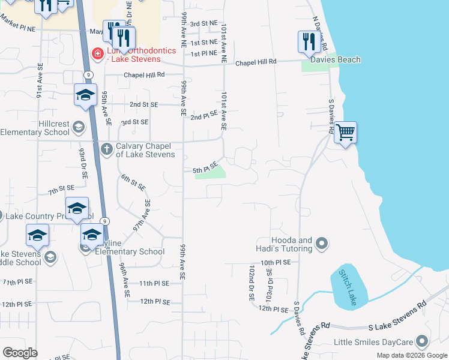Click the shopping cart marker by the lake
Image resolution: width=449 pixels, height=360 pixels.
(345, 132)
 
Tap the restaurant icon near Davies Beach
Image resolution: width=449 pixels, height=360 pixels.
(307, 41)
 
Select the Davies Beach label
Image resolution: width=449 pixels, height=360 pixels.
(336, 59)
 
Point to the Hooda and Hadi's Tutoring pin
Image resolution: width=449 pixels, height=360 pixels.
(322, 244)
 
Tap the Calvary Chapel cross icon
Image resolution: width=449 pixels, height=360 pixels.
(106, 148)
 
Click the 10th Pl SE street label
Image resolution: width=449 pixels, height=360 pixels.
(276, 263)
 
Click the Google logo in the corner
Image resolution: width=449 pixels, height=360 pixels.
(20, 353)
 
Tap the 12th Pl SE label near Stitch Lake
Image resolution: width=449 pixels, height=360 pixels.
(274, 308)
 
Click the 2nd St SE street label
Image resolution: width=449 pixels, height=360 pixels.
(143, 104)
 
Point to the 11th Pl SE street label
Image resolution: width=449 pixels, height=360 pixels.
(154, 283)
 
